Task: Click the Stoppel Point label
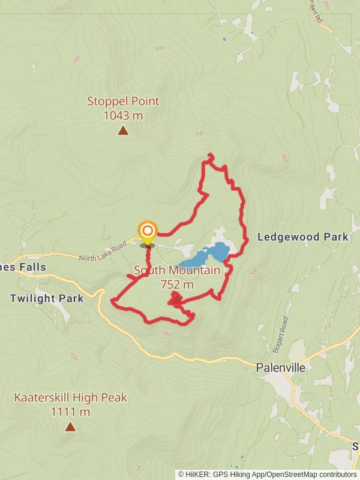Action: pos(123,101)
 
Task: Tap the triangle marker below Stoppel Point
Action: pos(123,130)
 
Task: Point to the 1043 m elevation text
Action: pos(123,115)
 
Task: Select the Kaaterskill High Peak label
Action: pos(71,398)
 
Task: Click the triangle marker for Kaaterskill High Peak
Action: pos(70,427)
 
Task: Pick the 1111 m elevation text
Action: pos(71,412)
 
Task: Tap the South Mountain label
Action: pos(176,271)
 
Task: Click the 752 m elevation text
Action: pos(177,284)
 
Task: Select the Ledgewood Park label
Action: pos(302,237)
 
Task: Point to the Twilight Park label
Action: pos(47,298)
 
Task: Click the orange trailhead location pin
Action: pos(148,232)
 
